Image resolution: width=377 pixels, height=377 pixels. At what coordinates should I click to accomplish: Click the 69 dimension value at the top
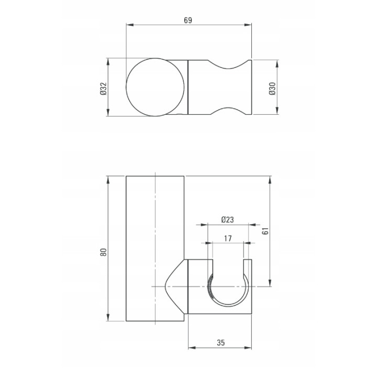(188, 20)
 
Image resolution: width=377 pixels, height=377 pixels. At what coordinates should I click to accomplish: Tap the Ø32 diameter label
(104, 88)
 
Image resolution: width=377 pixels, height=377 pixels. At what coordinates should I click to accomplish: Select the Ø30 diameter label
(272, 88)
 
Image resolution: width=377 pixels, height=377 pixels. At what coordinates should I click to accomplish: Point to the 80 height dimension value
(104, 252)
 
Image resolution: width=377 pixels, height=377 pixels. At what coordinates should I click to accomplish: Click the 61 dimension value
(265, 231)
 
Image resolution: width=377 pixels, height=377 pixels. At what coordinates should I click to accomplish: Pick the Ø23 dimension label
(227, 219)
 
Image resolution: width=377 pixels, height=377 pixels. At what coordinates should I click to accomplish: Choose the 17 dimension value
(228, 238)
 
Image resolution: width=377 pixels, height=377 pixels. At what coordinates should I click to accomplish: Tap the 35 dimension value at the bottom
(221, 342)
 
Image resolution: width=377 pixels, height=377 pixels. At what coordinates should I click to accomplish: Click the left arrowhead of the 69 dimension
(130, 25)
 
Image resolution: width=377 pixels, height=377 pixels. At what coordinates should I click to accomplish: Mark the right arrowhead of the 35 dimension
(248, 348)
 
